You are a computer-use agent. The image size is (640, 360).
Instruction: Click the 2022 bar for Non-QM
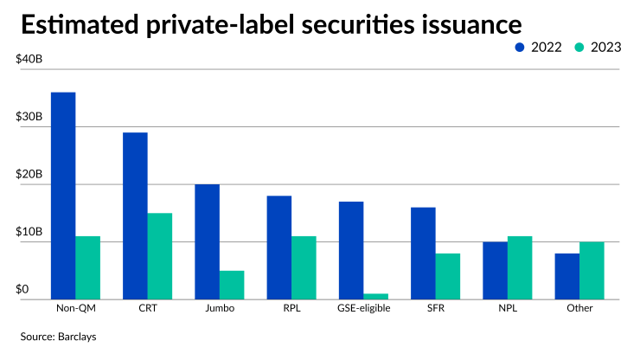(62, 196)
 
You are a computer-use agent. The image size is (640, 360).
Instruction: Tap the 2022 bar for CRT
(134, 215)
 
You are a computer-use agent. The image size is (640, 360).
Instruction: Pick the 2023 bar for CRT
(159, 256)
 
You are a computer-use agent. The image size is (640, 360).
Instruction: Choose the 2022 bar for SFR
(423, 253)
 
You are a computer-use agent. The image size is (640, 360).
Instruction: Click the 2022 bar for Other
(566, 276)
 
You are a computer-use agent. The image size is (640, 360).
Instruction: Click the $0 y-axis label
(22, 288)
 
